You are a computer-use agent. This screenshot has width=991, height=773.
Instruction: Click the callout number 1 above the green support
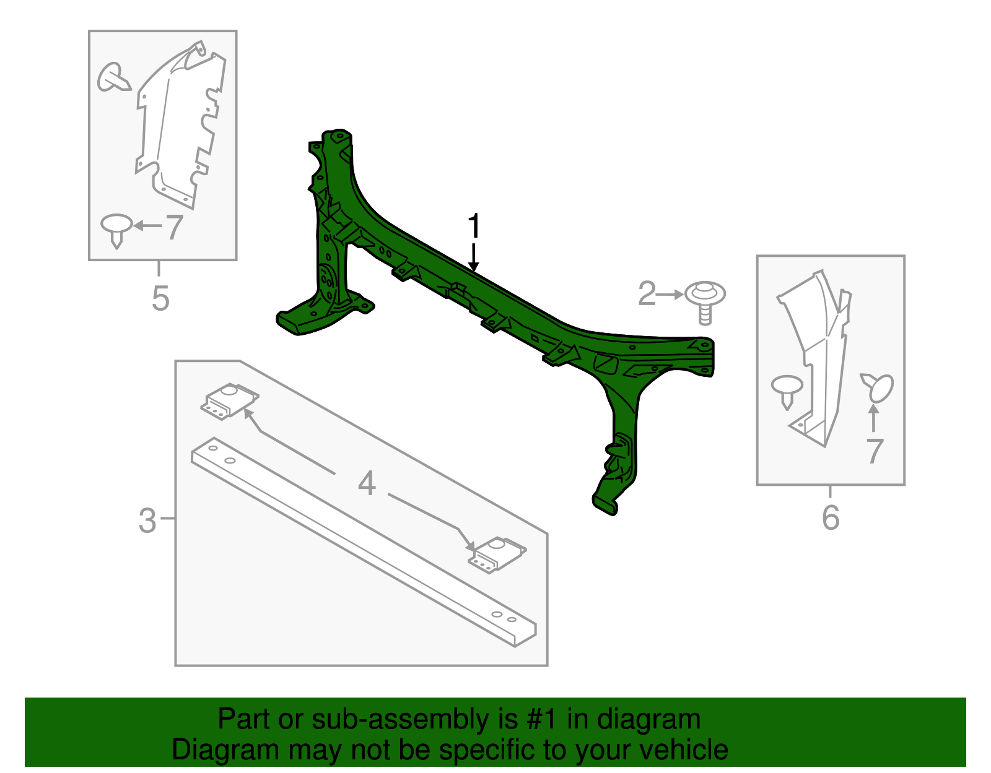pos(474,227)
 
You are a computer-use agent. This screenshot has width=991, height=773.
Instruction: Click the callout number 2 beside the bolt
pos(647,294)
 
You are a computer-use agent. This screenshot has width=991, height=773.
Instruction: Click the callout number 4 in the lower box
pos(367,483)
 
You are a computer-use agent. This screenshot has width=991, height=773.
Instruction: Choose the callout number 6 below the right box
pos(831,517)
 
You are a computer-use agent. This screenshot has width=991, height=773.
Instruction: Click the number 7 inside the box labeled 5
pos(174,227)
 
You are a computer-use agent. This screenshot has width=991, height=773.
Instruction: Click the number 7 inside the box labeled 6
pos(874,451)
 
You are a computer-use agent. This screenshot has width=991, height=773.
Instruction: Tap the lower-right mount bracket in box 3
pos(496,553)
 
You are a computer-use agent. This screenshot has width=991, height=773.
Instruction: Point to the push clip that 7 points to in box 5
pos(116,228)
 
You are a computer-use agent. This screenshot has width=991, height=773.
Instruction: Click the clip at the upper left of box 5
pos(113,78)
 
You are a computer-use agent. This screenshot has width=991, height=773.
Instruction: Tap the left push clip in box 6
pos(787,389)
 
